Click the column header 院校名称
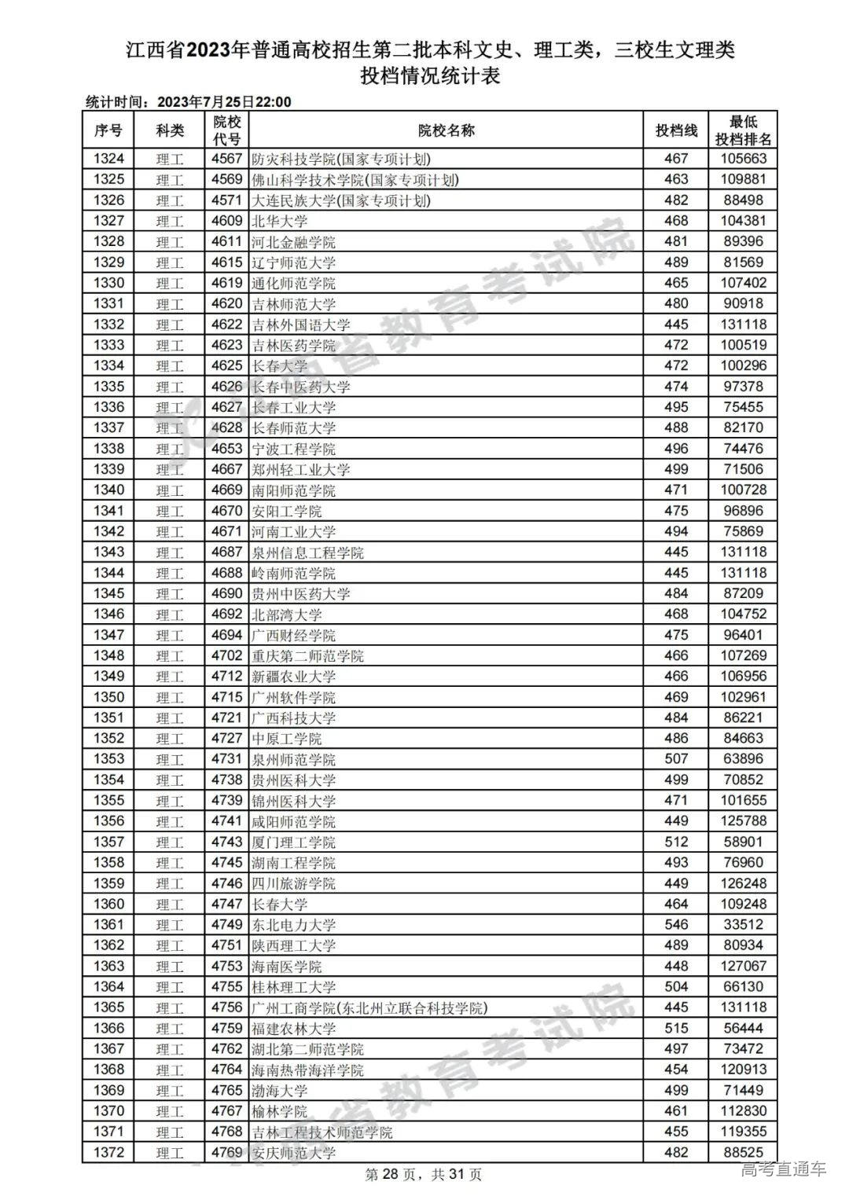click(446, 130)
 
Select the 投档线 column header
click(676, 130)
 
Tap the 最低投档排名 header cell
click(742, 130)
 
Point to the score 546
click(676, 925)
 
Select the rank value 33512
click(742, 925)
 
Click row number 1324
click(108, 159)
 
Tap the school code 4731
click(227, 759)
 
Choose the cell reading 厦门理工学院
click(293, 842)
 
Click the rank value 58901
click(742, 842)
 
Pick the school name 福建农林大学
click(293, 1029)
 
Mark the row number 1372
click(108, 1153)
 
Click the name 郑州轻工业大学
click(300, 470)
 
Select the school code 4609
click(227, 221)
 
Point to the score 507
click(676, 759)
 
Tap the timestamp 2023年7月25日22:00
click(224, 102)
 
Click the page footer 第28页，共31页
click(424, 1175)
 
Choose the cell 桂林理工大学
click(293, 987)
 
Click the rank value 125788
click(742, 821)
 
